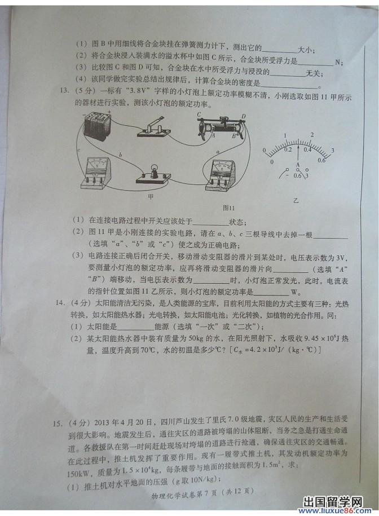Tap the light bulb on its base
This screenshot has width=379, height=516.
[x=152, y=174]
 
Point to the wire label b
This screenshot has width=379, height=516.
[x=120, y=155]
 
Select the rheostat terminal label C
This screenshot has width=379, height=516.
[x=200, y=114]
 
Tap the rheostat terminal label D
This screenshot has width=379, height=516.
[x=243, y=117]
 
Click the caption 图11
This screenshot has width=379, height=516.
[x=228, y=207]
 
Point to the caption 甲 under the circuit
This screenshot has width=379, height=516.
[x=151, y=197]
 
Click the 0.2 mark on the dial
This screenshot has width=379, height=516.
[x=288, y=149]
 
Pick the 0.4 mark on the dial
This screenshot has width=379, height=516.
[x=308, y=149]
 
